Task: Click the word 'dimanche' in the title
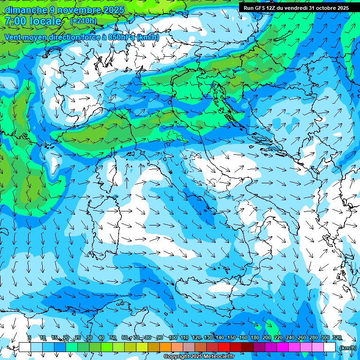pos(25,10)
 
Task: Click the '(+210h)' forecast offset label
pos(83,21)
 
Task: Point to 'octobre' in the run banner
pos(324,8)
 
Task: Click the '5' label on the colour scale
pos(29,337)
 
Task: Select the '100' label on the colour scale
pos(173,337)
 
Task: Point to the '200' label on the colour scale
pos(266,337)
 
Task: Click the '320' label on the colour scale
pos(337,337)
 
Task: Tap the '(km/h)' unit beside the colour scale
pos(348,348)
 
